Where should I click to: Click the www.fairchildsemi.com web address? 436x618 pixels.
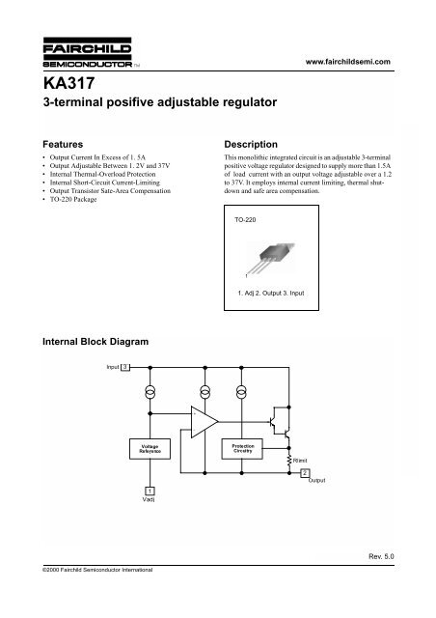(348, 62)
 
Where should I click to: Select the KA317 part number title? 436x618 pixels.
(68, 83)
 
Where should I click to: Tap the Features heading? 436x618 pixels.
(63, 144)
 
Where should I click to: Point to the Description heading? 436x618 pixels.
(251, 144)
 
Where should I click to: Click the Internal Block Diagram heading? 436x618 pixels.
(95, 342)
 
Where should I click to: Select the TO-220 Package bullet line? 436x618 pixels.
(73, 200)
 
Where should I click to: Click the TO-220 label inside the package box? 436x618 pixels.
(245, 220)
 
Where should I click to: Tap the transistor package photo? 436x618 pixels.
(271, 258)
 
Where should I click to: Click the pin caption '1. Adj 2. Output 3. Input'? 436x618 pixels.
(271, 294)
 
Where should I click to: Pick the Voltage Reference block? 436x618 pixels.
(150, 449)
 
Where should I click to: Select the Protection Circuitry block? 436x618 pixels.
(242, 448)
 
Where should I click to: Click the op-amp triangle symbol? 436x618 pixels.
(204, 422)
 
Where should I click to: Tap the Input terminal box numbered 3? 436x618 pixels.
(124, 367)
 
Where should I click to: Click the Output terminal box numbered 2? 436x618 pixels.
(305, 473)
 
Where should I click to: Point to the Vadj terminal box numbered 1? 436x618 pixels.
(150, 492)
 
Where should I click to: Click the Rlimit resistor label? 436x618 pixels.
(300, 461)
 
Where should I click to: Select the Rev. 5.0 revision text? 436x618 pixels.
(381, 556)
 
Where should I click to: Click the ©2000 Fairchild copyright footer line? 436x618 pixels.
(97, 570)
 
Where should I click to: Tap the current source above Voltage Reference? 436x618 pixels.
(150, 392)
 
